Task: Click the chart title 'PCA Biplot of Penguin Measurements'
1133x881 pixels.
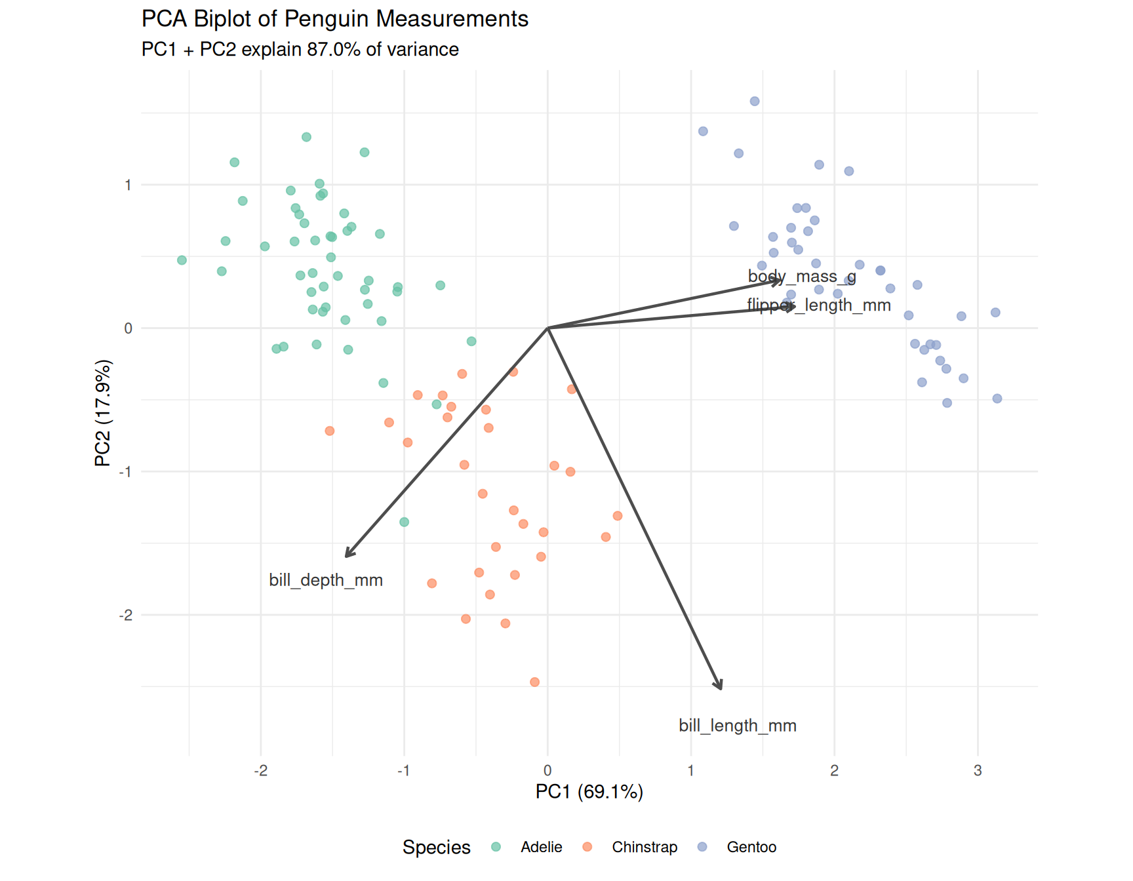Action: [x=334, y=19]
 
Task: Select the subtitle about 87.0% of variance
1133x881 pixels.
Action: [x=300, y=50]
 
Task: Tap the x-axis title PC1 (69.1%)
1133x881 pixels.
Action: [x=589, y=792]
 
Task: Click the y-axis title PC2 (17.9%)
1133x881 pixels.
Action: [x=103, y=413]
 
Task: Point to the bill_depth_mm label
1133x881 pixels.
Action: [x=326, y=580]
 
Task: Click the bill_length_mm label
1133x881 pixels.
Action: [x=737, y=726]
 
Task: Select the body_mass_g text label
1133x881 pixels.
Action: [x=801, y=276]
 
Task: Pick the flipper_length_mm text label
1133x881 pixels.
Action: [x=818, y=305]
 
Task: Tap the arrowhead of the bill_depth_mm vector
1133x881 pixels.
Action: [x=347, y=555]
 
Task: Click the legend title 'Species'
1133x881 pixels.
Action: [x=436, y=847]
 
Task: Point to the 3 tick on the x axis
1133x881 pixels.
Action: [x=978, y=771]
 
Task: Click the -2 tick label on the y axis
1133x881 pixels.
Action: [x=125, y=615]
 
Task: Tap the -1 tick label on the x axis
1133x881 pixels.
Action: [x=404, y=771]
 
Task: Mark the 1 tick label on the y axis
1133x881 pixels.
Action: [x=128, y=185]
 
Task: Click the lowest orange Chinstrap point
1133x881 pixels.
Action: [x=534, y=682]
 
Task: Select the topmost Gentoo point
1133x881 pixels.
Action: [x=755, y=101]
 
